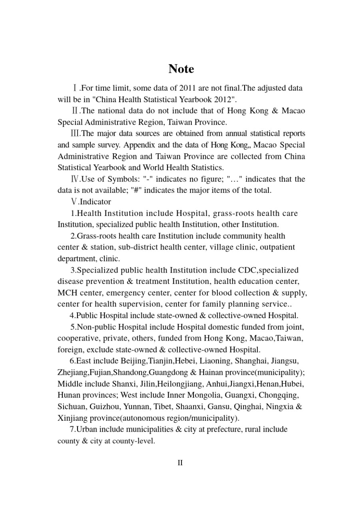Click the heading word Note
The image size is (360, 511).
[x=181, y=69]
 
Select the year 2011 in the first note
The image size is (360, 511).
[x=188, y=88]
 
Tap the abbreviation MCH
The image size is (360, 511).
[x=67, y=293]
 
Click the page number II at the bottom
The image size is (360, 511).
[x=180, y=463]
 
